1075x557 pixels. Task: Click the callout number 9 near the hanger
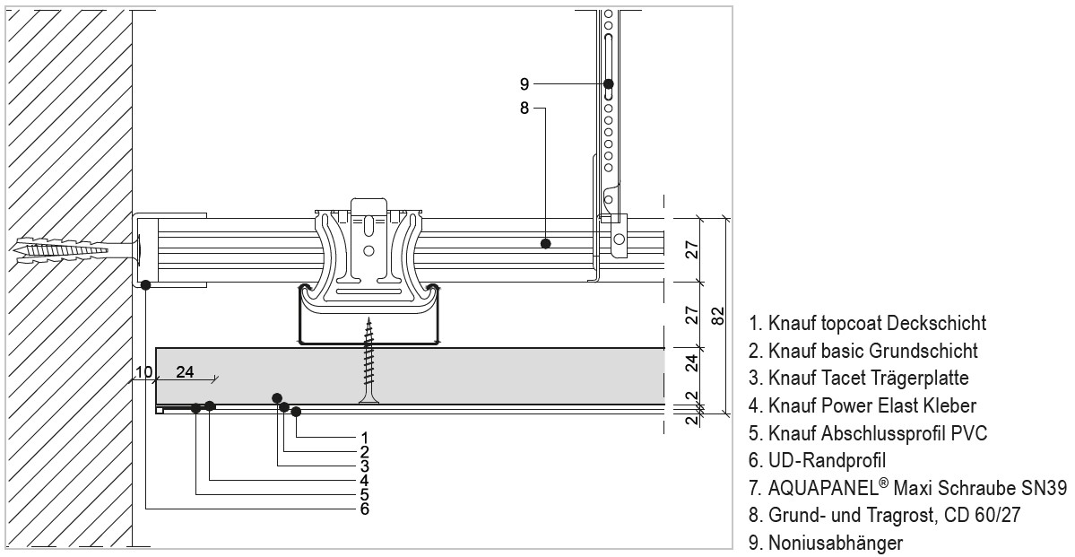click(524, 84)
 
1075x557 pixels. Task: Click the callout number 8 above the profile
click(524, 109)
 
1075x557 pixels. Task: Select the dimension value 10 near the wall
click(144, 372)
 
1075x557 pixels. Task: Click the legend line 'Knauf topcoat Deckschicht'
click(867, 323)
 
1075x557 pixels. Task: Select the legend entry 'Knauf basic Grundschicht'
click(863, 351)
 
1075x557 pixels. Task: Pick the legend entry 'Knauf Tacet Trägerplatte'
click(859, 379)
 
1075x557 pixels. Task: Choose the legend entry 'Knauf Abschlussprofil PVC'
click(868, 434)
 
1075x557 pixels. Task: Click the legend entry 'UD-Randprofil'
click(817, 461)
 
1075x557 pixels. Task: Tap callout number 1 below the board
click(364, 437)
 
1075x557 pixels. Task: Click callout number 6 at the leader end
click(364, 509)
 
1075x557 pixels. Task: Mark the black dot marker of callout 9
click(609, 84)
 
